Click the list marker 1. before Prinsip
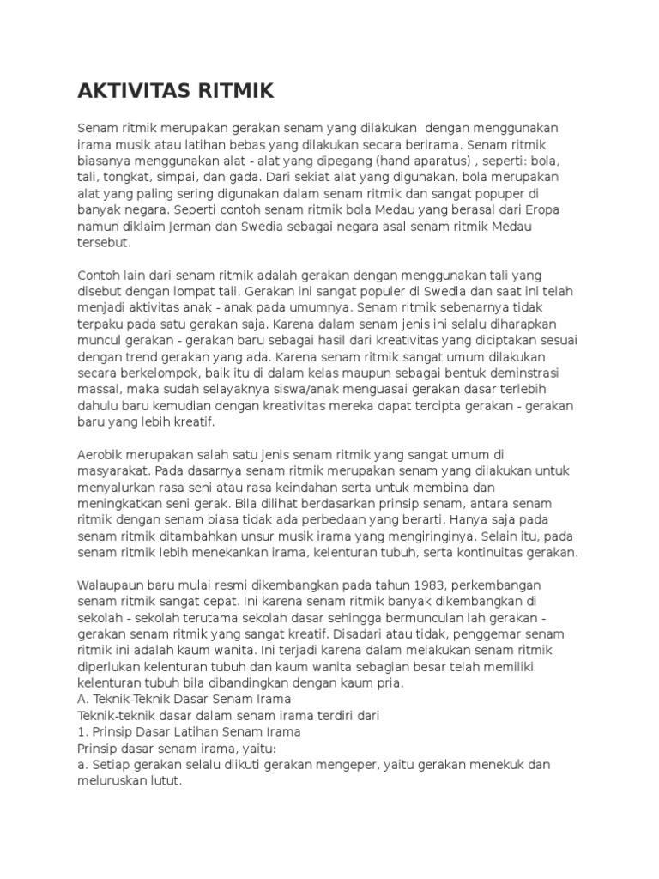(x=82, y=731)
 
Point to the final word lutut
(x=164, y=780)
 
